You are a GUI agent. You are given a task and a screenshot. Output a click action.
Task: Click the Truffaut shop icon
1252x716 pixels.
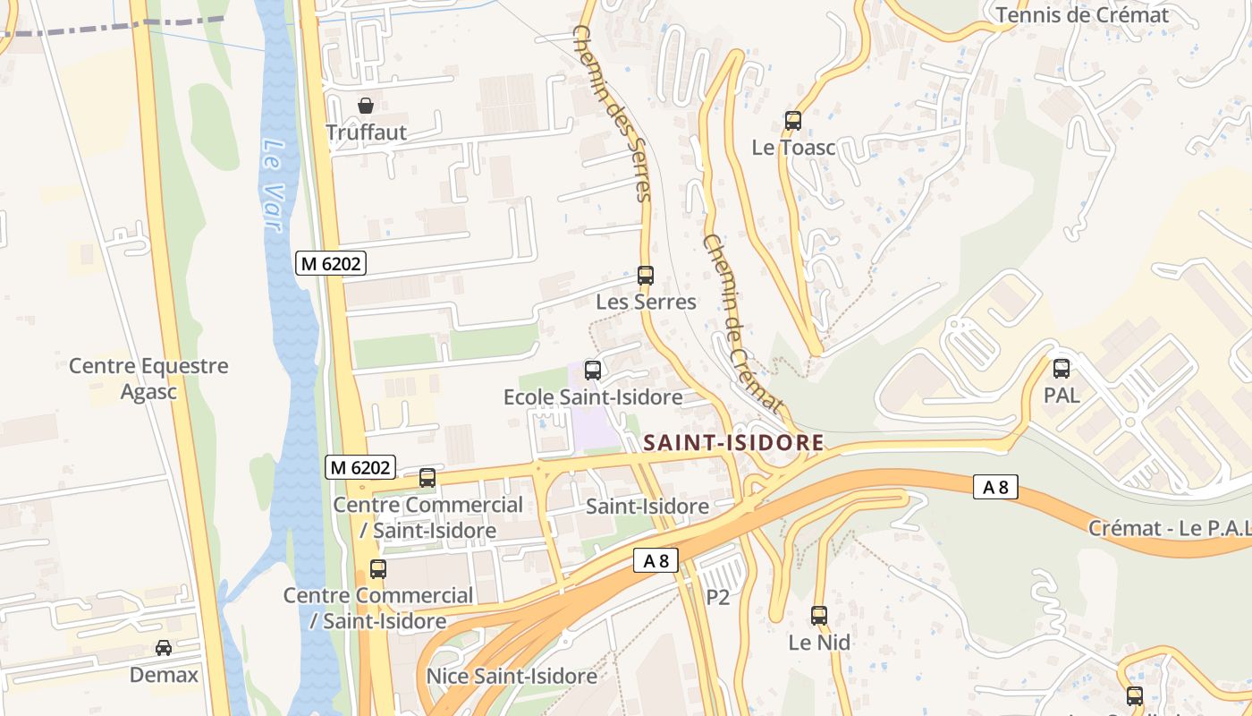(x=366, y=106)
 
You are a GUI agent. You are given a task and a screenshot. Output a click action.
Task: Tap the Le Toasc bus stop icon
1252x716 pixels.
(x=792, y=121)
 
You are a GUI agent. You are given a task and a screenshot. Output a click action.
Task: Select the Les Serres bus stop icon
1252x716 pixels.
(x=646, y=276)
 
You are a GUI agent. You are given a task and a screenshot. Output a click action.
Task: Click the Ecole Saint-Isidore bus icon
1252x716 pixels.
(x=592, y=370)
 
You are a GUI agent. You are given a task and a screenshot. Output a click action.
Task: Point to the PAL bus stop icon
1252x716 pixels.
(x=1062, y=368)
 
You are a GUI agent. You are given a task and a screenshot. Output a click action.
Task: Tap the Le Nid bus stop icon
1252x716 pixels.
(x=819, y=616)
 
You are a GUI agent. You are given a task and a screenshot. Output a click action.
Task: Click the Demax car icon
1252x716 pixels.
(x=164, y=647)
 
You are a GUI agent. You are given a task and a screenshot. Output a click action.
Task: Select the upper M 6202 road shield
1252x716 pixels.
(x=331, y=263)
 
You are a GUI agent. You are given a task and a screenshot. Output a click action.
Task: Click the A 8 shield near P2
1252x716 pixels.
(x=656, y=561)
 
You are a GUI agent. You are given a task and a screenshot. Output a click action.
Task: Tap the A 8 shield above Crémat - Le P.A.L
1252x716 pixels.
(x=995, y=487)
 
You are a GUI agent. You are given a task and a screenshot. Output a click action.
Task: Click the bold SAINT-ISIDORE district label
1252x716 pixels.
(x=733, y=442)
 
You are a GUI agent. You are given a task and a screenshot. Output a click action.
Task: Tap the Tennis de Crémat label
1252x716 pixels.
(x=1082, y=15)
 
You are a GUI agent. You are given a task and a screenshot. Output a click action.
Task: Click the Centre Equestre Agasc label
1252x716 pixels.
(x=148, y=379)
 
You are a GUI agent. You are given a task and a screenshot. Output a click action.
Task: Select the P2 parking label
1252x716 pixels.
(x=718, y=597)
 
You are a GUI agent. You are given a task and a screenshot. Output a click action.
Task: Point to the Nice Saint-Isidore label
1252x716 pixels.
(x=512, y=676)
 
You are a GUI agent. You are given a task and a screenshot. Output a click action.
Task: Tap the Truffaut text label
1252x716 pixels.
(x=366, y=132)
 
